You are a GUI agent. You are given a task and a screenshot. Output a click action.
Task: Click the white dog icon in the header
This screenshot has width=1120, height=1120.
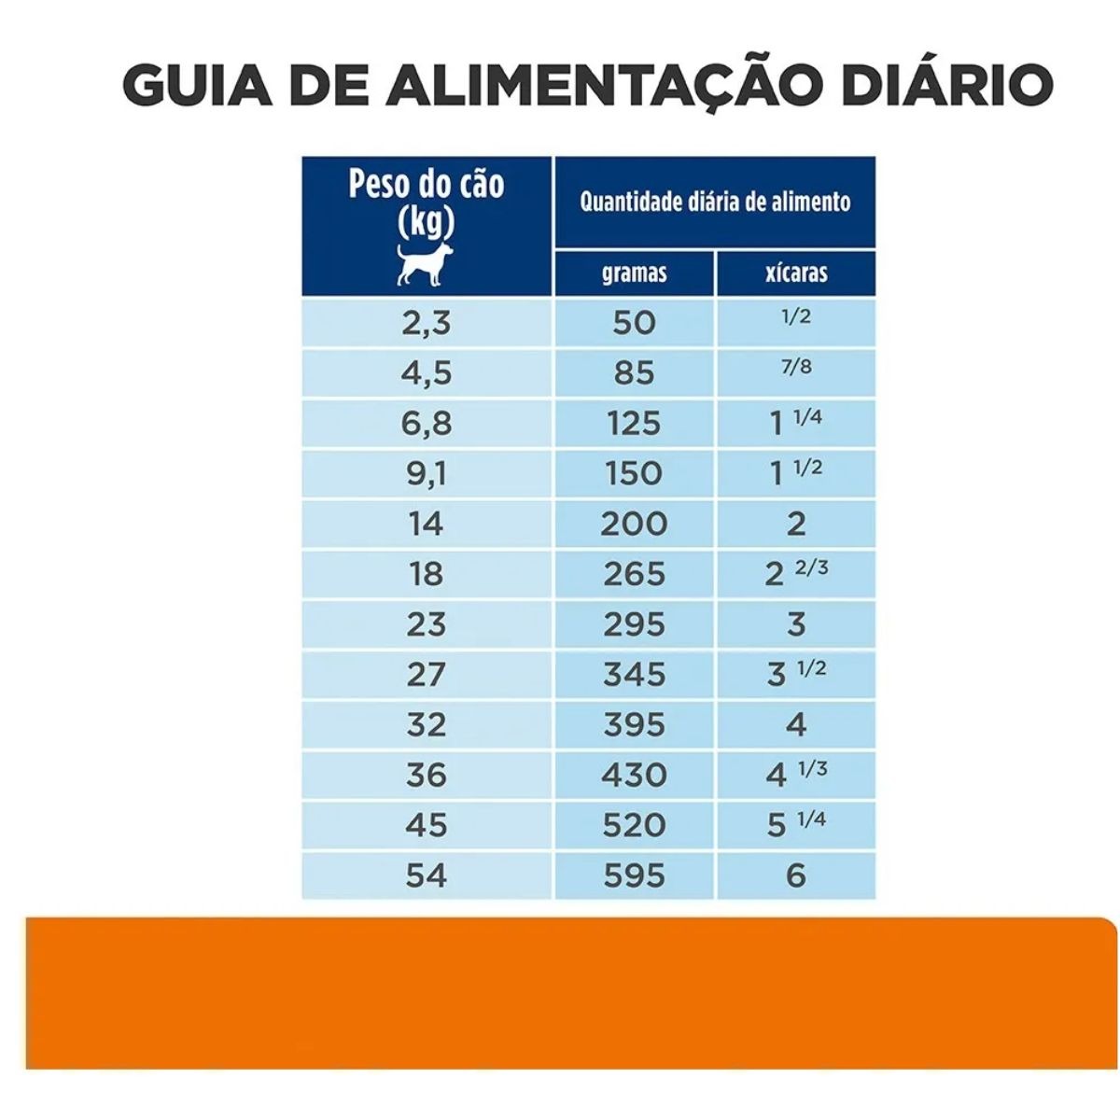tap(425, 264)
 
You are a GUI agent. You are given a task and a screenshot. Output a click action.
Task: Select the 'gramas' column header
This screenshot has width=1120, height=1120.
tap(634, 273)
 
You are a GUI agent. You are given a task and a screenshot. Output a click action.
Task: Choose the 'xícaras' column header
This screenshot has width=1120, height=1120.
tap(795, 273)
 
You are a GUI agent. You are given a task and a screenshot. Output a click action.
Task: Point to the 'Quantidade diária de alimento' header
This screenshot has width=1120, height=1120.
tap(715, 202)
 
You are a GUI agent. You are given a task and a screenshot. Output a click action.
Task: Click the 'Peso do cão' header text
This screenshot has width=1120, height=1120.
tap(426, 184)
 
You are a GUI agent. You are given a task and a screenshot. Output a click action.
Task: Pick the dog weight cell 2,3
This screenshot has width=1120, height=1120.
tap(426, 323)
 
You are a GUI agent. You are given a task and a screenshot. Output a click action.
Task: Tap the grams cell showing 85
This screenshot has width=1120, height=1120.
tap(634, 373)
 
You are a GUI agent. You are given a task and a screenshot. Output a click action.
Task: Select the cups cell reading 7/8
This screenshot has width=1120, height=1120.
tap(795, 368)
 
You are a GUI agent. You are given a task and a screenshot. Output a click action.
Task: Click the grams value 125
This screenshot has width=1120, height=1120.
tap(634, 424)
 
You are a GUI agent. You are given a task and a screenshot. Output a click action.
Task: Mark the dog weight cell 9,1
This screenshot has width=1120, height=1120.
tap(426, 474)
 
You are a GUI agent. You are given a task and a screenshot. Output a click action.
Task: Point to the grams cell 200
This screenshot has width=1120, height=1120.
tap(634, 524)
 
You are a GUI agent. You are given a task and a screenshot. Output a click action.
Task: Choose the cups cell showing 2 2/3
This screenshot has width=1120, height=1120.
tap(795, 572)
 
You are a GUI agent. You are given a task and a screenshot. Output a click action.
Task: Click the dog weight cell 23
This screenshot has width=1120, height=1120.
tap(426, 624)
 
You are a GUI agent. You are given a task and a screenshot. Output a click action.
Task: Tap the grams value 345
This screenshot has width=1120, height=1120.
tap(634, 675)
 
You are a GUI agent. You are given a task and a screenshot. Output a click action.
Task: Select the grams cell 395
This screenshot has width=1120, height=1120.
tap(634, 725)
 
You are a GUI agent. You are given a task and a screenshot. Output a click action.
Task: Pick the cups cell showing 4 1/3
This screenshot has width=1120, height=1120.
tap(795, 774)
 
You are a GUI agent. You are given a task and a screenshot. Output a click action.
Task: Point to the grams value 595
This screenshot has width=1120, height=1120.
tap(634, 875)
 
